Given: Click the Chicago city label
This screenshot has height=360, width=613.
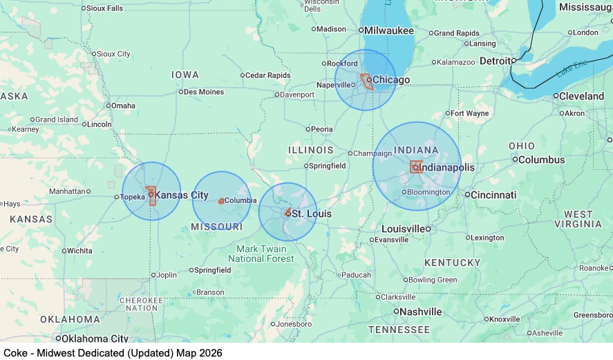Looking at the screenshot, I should (x=392, y=80).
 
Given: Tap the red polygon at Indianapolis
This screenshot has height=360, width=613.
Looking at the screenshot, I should (x=416, y=167).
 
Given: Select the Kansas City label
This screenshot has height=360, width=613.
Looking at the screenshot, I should (x=182, y=196).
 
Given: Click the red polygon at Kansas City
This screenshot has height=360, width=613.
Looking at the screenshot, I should (x=151, y=196).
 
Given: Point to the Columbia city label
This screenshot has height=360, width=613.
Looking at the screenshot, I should (x=241, y=200).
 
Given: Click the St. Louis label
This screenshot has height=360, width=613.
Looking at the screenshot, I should (x=311, y=214).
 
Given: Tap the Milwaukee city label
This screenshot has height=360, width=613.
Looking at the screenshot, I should (x=389, y=30).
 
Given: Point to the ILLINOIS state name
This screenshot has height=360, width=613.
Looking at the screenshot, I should (x=311, y=150).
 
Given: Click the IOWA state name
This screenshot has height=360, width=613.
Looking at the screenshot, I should (x=185, y=75).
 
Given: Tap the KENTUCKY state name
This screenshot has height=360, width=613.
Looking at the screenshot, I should (x=452, y=263).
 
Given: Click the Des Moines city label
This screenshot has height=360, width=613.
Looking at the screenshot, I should (x=204, y=91).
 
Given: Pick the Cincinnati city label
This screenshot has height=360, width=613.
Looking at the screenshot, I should (x=494, y=195).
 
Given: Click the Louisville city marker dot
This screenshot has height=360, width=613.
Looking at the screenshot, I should (x=428, y=229).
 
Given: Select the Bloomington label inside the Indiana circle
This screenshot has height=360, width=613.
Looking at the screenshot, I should (x=428, y=191).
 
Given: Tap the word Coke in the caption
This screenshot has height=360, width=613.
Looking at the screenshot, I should (x=16, y=352).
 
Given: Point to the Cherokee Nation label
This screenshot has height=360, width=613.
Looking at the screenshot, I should (x=142, y=304).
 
